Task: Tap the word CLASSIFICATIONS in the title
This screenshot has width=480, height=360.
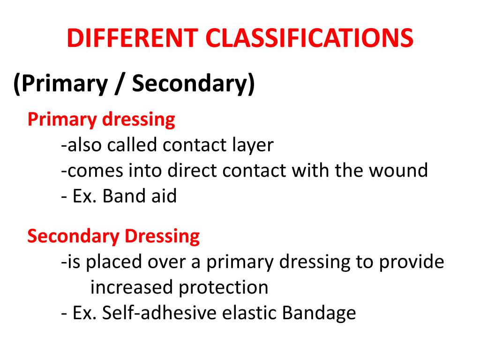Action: pos(309,38)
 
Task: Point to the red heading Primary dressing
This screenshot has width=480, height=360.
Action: pos(101,120)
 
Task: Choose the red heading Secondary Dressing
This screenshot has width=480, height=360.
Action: pos(113,236)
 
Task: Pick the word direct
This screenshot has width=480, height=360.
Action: pos(194,170)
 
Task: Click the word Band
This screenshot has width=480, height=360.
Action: pos(123,195)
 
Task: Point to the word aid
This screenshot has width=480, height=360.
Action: pos(163,195)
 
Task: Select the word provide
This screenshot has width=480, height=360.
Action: pos(411,262)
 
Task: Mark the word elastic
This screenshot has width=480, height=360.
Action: pos(248,313)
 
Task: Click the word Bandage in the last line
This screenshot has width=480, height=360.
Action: pos(319,313)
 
